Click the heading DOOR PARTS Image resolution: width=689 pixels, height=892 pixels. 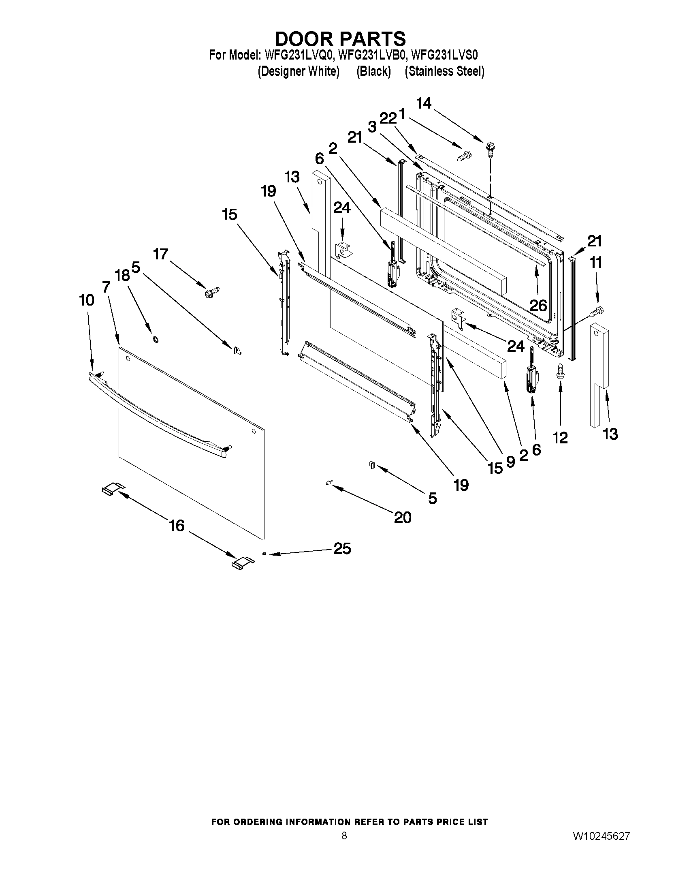coord(340,39)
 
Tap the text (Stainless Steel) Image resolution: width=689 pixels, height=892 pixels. coord(444,71)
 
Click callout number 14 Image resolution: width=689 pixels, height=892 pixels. coord(424,103)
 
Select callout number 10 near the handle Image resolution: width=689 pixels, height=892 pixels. coord(86,300)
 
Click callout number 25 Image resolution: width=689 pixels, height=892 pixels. coord(342,548)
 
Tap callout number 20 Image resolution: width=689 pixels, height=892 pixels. coord(403,518)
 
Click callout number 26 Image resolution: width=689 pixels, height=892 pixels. coord(538,305)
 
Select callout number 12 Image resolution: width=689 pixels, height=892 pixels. coord(560,438)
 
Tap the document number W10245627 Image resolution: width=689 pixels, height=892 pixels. coord(601,836)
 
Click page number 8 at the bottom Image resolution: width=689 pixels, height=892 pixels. coord(344,836)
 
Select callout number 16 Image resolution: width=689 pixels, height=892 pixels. coord(177,526)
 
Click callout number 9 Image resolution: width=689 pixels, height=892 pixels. coord(510,462)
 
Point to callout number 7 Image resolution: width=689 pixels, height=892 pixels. coord(106,287)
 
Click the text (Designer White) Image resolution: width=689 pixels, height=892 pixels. coord(299,71)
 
